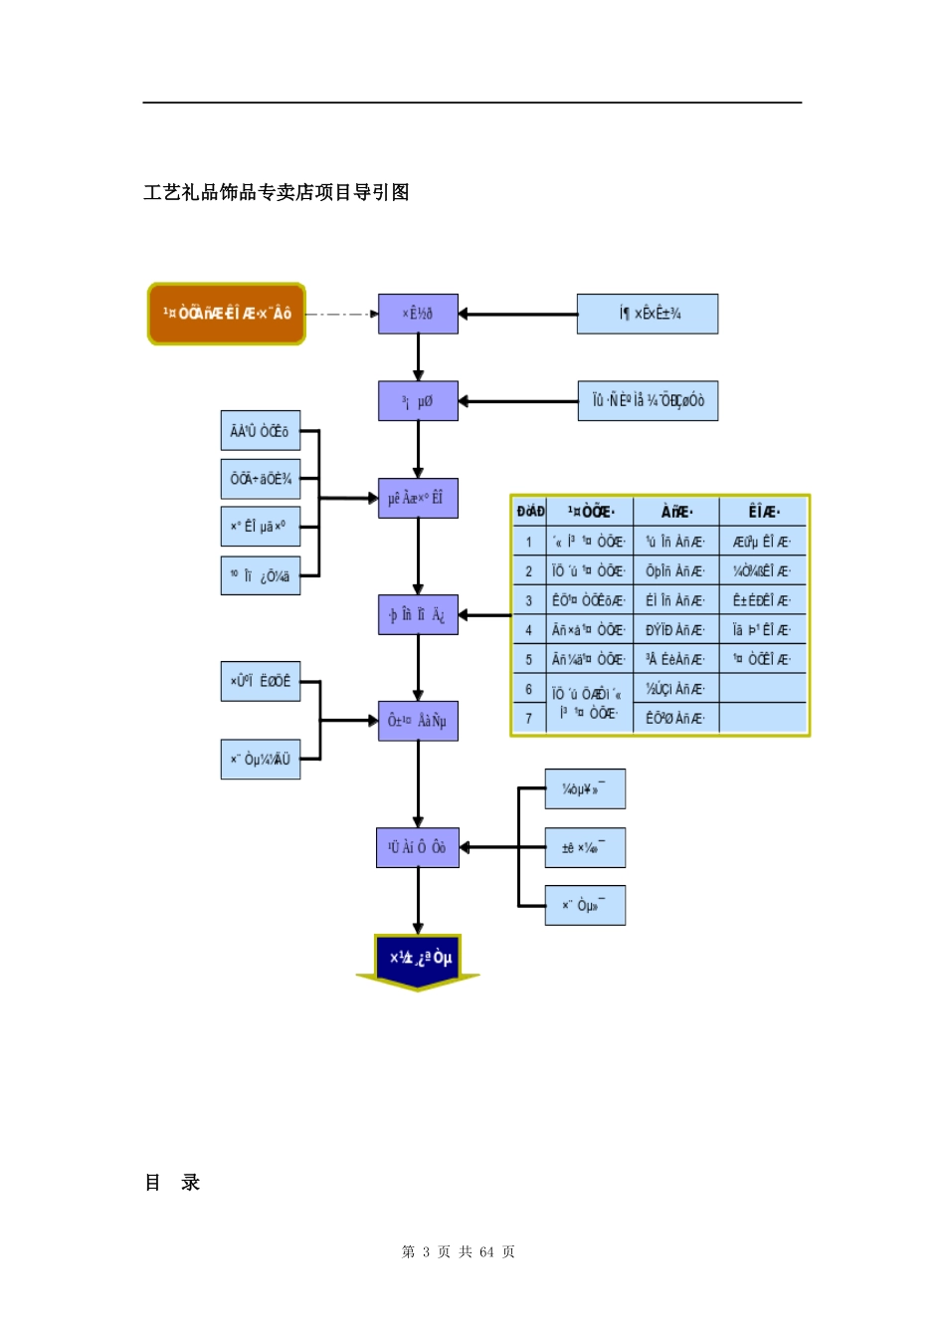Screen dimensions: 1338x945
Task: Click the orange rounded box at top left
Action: click(x=227, y=314)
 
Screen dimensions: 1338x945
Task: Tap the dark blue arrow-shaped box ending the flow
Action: click(x=418, y=960)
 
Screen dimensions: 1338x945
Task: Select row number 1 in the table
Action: click(x=528, y=543)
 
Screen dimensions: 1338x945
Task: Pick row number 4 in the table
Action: click(x=528, y=630)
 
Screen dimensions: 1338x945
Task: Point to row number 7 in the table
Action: click(x=528, y=718)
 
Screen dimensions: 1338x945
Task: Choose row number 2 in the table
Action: click(x=528, y=571)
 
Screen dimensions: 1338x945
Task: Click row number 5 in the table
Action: click(x=528, y=659)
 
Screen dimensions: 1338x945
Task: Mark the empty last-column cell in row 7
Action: click(x=763, y=718)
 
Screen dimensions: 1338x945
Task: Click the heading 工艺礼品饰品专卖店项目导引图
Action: click(x=277, y=192)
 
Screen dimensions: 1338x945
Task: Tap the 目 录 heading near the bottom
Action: click(x=173, y=1183)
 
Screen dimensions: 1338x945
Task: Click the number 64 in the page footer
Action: click(x=486, y=1252)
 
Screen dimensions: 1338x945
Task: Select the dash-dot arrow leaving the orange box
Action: click(x=341, y=314)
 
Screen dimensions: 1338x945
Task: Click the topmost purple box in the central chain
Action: click(x=418, y=314)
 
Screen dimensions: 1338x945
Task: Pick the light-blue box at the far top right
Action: click(x=648, y=314)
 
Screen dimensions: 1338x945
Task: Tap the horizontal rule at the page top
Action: click(x=472, y=103)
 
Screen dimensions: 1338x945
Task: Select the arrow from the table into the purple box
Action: click(x=484, y=615)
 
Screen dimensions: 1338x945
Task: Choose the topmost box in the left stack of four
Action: click(x=260, y=431)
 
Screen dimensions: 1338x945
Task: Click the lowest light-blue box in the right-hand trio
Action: click(x=585, y=906)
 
